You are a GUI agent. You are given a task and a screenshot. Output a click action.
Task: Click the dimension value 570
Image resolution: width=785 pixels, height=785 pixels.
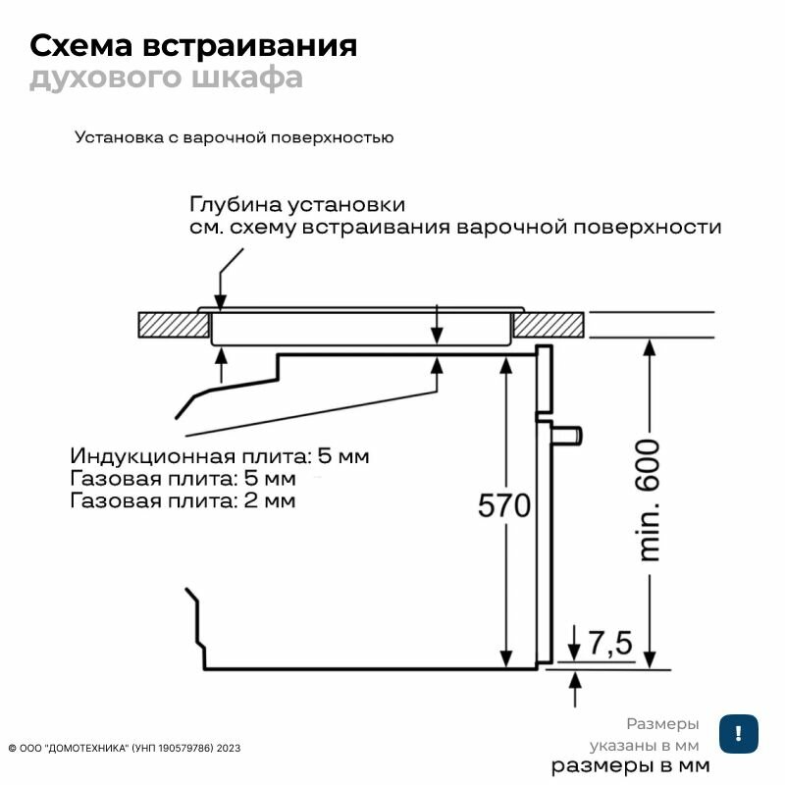tap(503, 506)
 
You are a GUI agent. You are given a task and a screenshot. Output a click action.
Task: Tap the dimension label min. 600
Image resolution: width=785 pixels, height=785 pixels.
tap(650, 500)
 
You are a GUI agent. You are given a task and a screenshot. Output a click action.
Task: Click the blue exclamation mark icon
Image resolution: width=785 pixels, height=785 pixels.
tap(737, 733)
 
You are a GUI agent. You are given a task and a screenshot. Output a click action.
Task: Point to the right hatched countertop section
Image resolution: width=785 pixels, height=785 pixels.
tap(549, 324)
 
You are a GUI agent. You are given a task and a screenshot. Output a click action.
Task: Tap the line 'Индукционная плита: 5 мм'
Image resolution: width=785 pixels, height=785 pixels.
tap(220, 457)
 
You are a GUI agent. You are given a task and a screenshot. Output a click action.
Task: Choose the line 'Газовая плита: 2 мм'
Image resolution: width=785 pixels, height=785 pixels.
tap(183, 501)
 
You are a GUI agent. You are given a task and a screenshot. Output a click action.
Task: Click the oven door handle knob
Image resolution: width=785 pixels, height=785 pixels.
tap(570, 432)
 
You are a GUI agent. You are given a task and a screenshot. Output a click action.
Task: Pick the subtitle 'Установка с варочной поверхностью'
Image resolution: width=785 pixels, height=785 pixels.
tap(234, 137)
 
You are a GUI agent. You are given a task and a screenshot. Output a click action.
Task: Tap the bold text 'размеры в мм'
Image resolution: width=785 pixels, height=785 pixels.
tap(629, 765)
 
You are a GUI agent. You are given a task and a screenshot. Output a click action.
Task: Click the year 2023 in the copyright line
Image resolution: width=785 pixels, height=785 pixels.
tap(229, 748)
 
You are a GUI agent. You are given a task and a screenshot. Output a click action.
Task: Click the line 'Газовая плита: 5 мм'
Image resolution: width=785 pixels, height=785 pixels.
tap(183, 480)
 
